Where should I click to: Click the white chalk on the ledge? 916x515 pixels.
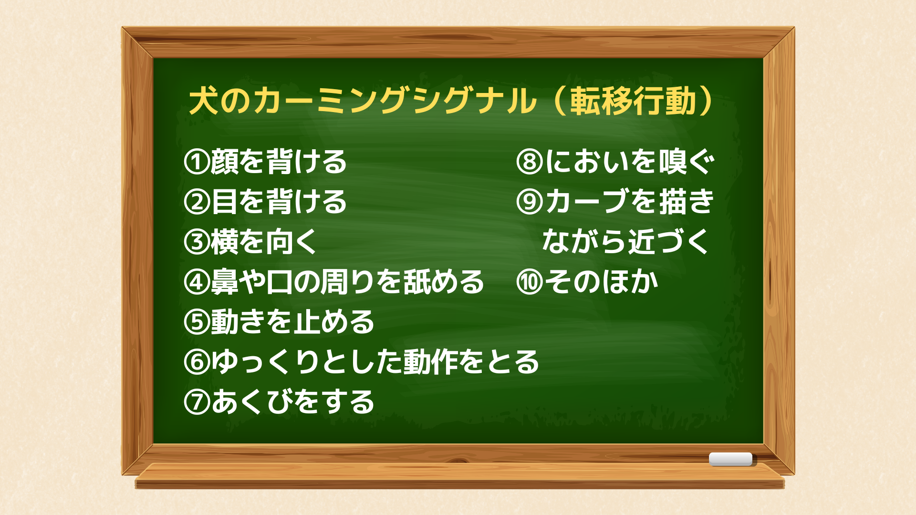click(730, 459)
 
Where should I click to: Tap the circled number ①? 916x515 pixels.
click(197, 162)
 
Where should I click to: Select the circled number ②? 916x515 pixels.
click(197, 202)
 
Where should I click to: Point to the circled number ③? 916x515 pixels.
click(197, 242)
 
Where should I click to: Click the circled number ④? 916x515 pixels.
click(197, 282)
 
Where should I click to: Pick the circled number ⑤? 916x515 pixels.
click(197, 322)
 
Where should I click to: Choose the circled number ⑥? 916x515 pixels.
click(197, 362)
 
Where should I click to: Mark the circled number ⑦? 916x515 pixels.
click(197, 402)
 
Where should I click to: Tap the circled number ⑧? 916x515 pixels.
click(530, 162)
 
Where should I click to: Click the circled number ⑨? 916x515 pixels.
click(530, 202)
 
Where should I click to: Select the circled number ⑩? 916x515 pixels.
click(530, 282)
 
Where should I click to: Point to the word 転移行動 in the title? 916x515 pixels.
click(633, 101)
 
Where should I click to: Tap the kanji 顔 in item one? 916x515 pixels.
click(225, 162)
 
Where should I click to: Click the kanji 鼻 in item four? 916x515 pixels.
click(225, 282)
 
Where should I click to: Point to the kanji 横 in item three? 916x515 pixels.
click(225, 242)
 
